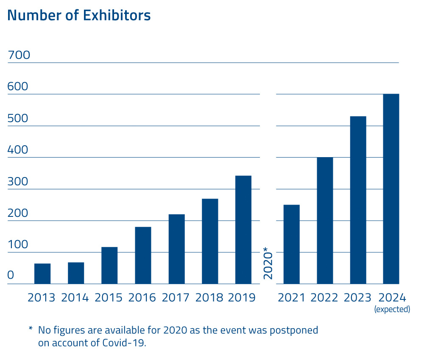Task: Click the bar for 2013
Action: (42, 274)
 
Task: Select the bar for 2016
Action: (143, 255)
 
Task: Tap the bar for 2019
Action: (243, 230)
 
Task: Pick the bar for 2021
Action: (291, 244)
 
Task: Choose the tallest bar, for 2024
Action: (391, 189)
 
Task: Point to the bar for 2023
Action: (358, 200)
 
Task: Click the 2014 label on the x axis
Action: (75, 297)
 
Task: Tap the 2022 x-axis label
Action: (324, 297)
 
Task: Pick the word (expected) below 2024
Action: (392, 310)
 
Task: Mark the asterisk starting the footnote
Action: (31, 329)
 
